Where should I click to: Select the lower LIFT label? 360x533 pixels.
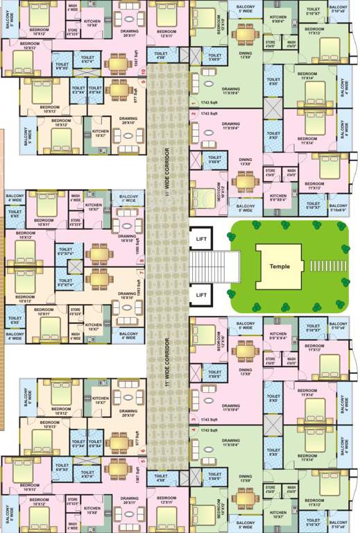(x=202, y=294)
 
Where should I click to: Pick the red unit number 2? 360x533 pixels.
(x=193, y=112)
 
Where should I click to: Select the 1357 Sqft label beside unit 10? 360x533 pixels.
(x=137, y=62)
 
